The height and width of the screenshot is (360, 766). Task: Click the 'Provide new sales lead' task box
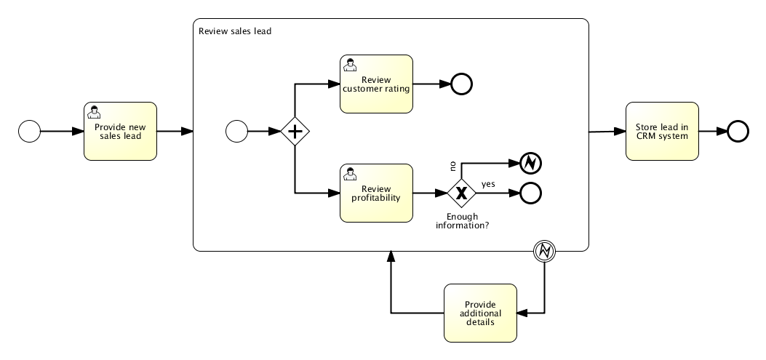click(x=120, y=131)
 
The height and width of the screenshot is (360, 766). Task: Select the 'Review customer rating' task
click(x=376, y=84)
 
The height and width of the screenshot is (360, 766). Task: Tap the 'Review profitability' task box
click(x=376, y=193)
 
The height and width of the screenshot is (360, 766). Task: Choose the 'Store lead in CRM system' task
click(x=662, y=131)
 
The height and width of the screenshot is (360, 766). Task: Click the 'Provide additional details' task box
click(x=480, y=313)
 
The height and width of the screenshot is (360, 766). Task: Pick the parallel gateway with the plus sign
click(x=295, y=132)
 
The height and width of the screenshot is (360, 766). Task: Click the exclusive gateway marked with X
click(x=460, y=193)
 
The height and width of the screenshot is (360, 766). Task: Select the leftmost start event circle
click(x=29, y=132)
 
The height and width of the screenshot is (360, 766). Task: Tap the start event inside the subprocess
click(x=236, y=132)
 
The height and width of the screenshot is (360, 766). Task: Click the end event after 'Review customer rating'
click(x=461, y=84)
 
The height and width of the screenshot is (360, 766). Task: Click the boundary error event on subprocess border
click(x=544, y=252)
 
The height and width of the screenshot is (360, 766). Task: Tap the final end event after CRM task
click(x=738, y=131)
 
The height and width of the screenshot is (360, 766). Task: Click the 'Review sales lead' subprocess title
click(x=235, y=31)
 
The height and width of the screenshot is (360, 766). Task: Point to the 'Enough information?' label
click(x=462, y=221)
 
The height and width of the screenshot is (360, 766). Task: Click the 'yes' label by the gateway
click(x=487, y=184)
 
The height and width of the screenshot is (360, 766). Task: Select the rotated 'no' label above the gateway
click(x=452, y=166)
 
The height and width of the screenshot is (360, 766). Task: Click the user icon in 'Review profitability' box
click(x=351, y=173)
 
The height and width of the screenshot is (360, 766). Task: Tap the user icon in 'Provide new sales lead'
click(x=94, y=111)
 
